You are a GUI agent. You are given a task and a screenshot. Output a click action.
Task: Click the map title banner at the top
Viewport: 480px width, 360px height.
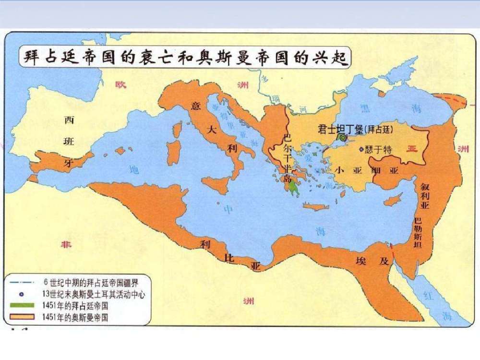click(x=185, y=59)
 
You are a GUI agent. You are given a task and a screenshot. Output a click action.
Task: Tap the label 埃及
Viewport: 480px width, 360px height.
click(x=376, y=262)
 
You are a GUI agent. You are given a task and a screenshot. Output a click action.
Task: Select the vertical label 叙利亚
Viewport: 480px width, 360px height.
click(x=424, y=196)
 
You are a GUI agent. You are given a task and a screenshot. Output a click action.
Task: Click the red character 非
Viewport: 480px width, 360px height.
click(x=66, y=245)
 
